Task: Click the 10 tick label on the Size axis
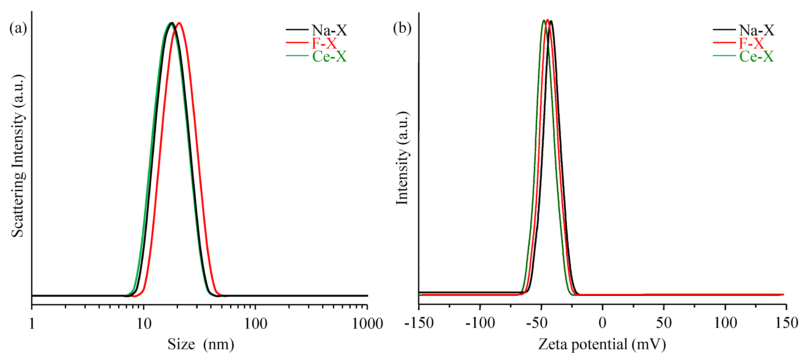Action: (144, 324)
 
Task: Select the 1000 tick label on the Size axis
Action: (367, 324)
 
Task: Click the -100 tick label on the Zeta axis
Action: (480, 323)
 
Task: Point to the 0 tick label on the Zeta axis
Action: (602, 323)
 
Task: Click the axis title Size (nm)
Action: (200, 344)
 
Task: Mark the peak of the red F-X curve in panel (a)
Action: (179, 23)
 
